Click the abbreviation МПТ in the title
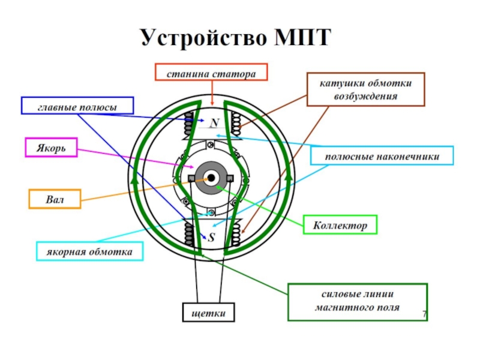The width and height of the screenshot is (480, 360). tap(302, 37)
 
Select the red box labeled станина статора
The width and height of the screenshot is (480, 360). tap(211, 73)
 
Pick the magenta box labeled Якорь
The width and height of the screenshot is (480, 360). tap(51, 148)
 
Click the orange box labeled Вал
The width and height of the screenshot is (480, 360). tap(55, 199)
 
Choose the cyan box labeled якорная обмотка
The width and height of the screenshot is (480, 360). tap(90, 251)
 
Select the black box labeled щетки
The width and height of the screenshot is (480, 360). tap(208, 313)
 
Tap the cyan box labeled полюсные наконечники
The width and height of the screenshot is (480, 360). tap(382, 156)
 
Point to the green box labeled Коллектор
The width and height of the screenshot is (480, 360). tap(340, 224)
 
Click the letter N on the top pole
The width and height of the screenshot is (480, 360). tap(212, 123)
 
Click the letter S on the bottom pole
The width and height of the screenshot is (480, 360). tap(211, 236)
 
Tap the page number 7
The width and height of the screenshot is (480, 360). tap(424, 314)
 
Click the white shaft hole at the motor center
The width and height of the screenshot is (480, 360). tap(211, 178)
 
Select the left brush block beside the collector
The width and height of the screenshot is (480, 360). tap(191, 179)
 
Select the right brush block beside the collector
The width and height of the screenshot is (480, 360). tap(231, 178)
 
